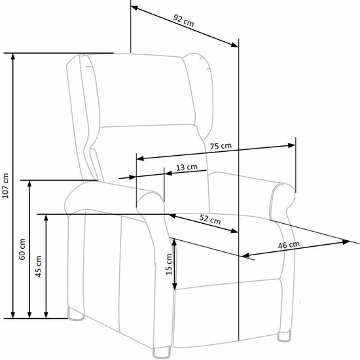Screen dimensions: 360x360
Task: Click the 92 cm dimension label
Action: click(x=183, y=20)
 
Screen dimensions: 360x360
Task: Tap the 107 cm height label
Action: click(x=5, y=186)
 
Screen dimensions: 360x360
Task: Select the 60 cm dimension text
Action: click(x=22, y=249)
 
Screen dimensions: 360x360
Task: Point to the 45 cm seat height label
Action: click(x=39, y=266)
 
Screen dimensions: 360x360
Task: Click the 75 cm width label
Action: click(x=221, y=146)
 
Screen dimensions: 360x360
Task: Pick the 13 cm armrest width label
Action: click(x=187, y=167)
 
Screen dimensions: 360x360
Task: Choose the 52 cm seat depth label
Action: click(x=210, y=219)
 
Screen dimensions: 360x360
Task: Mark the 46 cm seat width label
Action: click(x=289, y=245)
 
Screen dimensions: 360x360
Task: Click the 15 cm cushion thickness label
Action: click(x=169, y=264)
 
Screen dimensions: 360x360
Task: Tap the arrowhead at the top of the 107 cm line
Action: click(x=13, y=56)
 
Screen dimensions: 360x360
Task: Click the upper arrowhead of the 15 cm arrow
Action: click(x=175, y=242)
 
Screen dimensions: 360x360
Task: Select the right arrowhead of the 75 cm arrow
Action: click(x=291, y=145)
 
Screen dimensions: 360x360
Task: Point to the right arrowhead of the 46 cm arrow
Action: click(x=346, y=242)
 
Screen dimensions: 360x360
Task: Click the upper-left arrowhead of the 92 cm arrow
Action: click(x=134, y=8)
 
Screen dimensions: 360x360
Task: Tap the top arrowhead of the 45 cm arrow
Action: click(x=46, y=218)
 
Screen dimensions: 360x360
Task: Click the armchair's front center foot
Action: click(x=162, y=353)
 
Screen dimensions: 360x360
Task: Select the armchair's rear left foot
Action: click(x=76, y=314)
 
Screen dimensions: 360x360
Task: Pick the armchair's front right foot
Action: click(x=284, y=336)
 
